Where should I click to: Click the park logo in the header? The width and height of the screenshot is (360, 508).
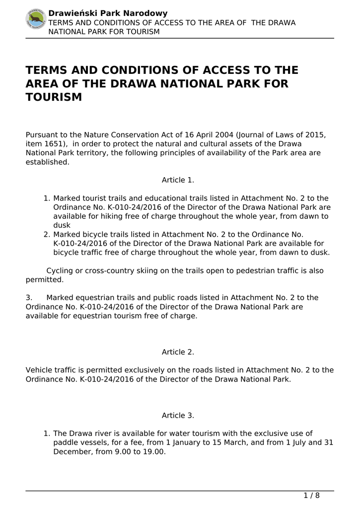(x=36, y=19)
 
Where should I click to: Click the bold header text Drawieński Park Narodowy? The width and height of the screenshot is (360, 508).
(x=108, y=13)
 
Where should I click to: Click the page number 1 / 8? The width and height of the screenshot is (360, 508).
(x=311, y=496)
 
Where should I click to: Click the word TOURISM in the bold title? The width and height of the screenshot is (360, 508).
(x=54, y=97)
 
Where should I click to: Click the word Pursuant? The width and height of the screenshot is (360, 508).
(x=42, y=135)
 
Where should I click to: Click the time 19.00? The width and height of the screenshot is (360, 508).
(x=154, y=451)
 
